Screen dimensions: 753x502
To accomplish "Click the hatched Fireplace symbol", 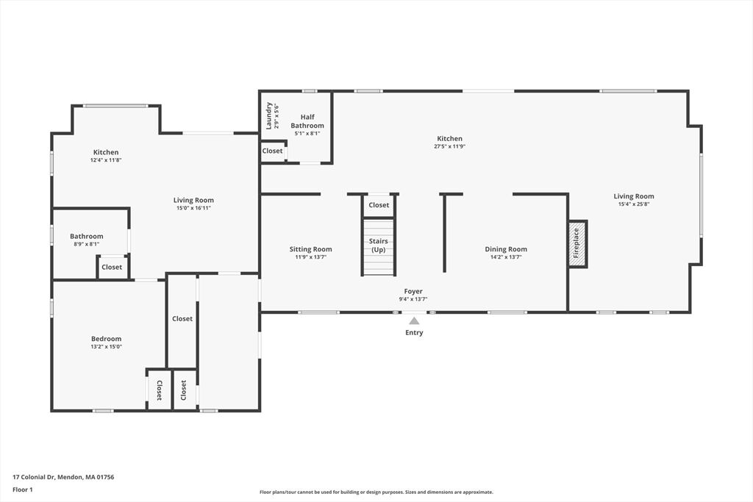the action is tap(578, 244).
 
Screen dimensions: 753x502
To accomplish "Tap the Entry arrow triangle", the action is tap(414, 320).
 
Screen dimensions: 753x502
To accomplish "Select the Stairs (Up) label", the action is tap(379, 245).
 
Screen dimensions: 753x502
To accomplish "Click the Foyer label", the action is tap(413, 291).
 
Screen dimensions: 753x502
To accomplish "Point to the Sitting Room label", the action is tap(311, 249).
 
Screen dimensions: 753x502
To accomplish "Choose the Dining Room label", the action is tap(506, 249).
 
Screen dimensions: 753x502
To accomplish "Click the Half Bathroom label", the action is tap(307, 121).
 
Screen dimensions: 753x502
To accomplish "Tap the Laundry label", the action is tap(269, 115).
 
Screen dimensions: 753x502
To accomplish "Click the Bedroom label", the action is tap(106, 339).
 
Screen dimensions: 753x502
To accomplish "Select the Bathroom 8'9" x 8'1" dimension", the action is tap(87, 244).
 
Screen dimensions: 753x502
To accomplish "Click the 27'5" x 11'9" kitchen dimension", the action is tap(449, 146).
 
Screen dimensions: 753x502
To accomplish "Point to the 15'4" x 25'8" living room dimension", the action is tap(634, 204).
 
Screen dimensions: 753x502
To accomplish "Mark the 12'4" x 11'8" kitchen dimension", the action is tap(106, 160).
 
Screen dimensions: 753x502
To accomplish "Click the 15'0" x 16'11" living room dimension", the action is tap(193, 208).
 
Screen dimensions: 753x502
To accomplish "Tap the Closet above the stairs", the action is tap(379, 205).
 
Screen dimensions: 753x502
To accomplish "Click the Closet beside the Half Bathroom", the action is tap(272, 151).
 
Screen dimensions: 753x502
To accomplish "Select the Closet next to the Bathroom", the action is tap(112, 267).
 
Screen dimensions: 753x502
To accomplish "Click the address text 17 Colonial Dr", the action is tap(34, 477).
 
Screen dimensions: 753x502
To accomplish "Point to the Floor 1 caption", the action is tap(23, 490).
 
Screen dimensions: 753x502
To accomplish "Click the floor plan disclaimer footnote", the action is tap(376, 492).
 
